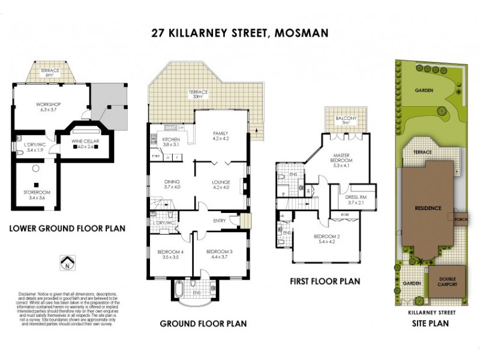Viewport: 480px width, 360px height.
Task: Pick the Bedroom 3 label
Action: (x=217, y=254)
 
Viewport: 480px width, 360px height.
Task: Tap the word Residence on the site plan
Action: (x=428, y=208)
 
